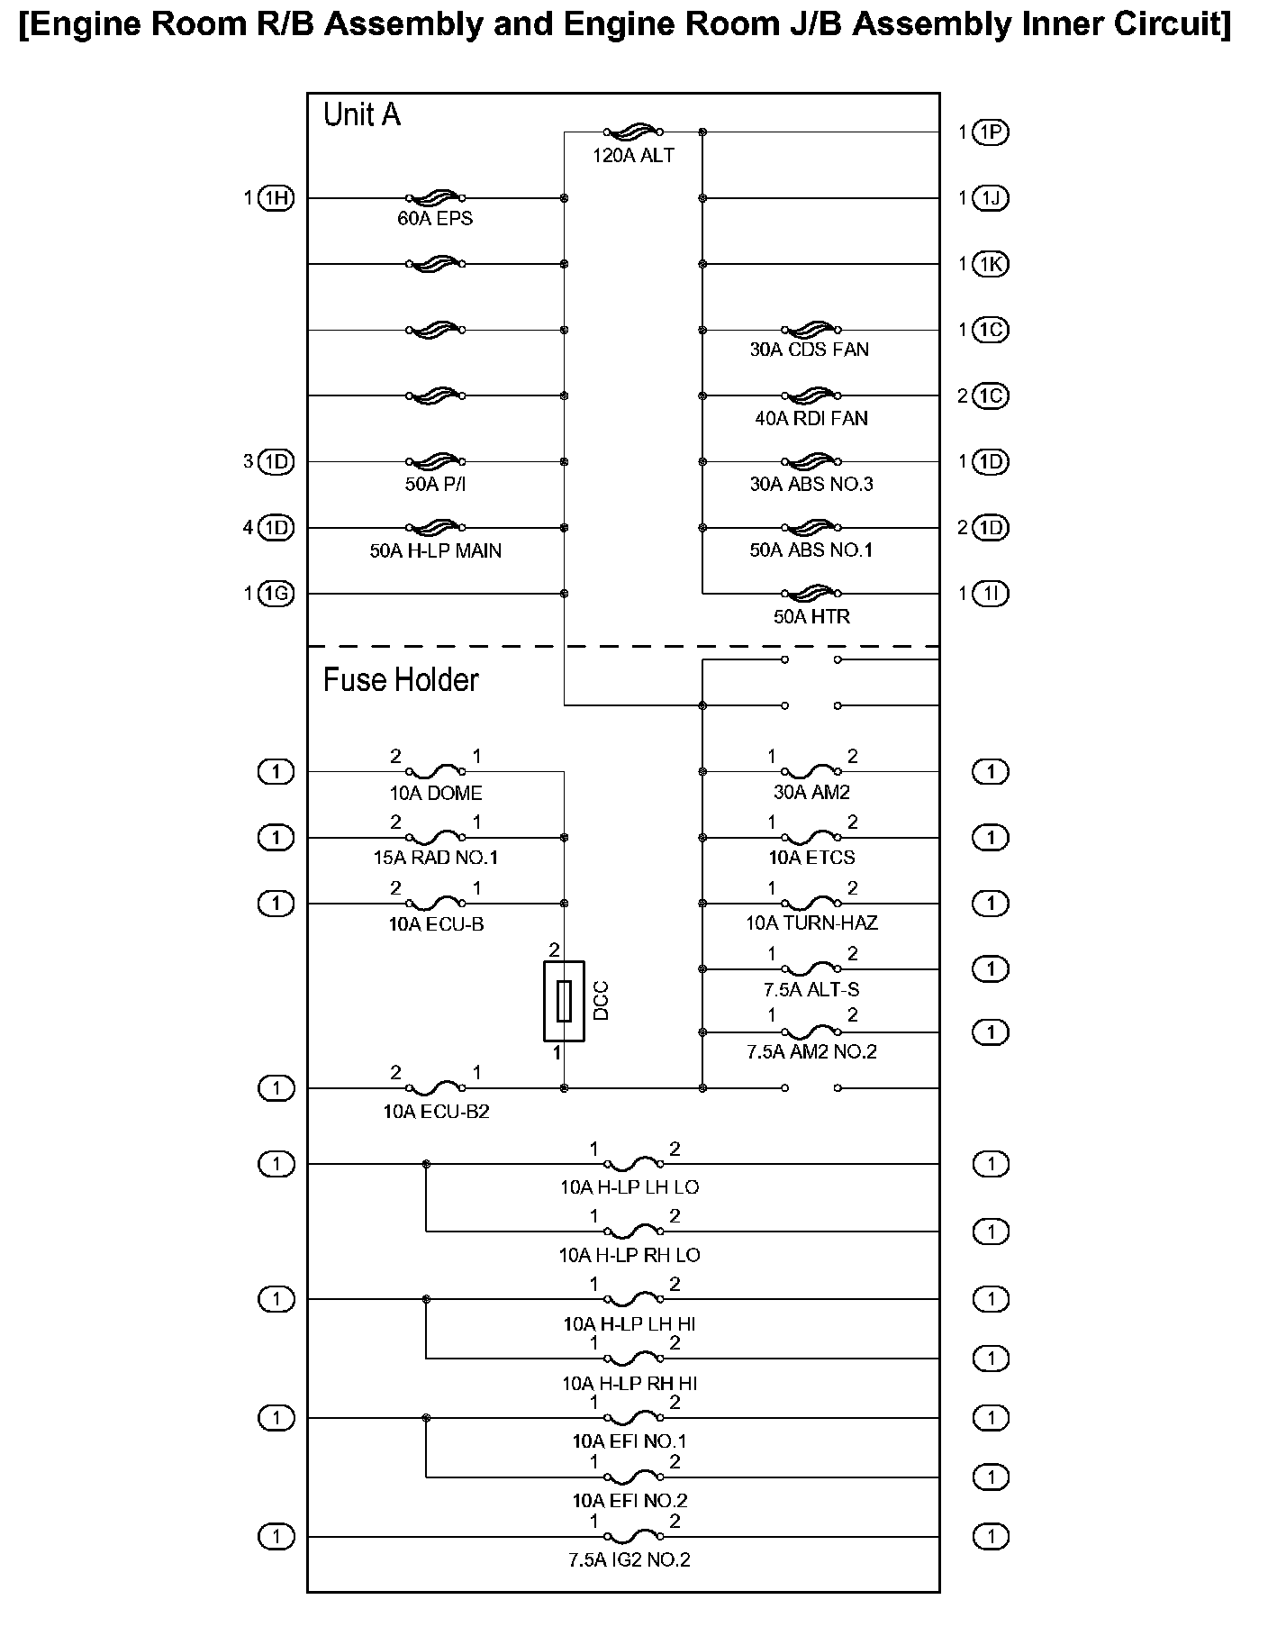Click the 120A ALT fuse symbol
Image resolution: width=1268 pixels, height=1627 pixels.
coord(633,132)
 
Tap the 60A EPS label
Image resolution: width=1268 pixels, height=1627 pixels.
coord(435,219)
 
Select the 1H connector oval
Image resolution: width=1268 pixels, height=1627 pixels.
coord(276,198)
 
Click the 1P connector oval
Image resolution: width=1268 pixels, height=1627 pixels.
coord(991,132)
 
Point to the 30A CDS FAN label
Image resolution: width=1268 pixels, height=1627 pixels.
coord(809,350)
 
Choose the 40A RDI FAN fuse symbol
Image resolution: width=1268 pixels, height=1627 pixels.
coord(811,395)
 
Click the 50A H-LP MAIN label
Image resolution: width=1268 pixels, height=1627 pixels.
coord(435,550)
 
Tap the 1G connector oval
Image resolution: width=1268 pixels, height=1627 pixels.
coord(276,594)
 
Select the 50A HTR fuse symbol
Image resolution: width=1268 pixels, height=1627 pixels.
coord(811,593)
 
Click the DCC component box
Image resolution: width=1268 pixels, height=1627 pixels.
coord(564,1001)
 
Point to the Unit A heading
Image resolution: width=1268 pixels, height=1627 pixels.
coord(361,115)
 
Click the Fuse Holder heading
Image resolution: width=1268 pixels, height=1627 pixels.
coord(401,679)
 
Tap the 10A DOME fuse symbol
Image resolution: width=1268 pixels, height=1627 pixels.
coord(435,771)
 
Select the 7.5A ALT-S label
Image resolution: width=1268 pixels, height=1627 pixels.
coord(811,989)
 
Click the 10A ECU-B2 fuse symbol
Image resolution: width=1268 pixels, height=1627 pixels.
coord(435,1088)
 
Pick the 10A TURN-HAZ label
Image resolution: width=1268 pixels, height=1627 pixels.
coord(811,923)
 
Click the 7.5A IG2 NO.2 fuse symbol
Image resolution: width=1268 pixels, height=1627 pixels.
coord(633,1536)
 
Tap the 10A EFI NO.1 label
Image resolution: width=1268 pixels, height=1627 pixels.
coord(629,1441)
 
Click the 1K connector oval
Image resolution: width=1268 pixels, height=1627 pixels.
coord(991,264)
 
